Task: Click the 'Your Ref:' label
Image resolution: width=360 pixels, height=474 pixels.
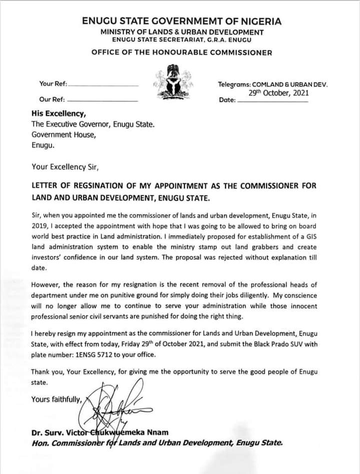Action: coord(53,84)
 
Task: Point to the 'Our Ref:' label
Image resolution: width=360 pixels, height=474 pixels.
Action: coord(52,99)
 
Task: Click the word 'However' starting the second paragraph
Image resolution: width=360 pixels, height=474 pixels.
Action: coord(46,285)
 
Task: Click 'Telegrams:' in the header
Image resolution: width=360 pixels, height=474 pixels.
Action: coord(234,84)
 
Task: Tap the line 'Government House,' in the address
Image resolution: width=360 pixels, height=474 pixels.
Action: coord(63,134)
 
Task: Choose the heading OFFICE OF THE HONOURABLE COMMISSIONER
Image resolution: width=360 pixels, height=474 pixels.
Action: coord(182,52)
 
